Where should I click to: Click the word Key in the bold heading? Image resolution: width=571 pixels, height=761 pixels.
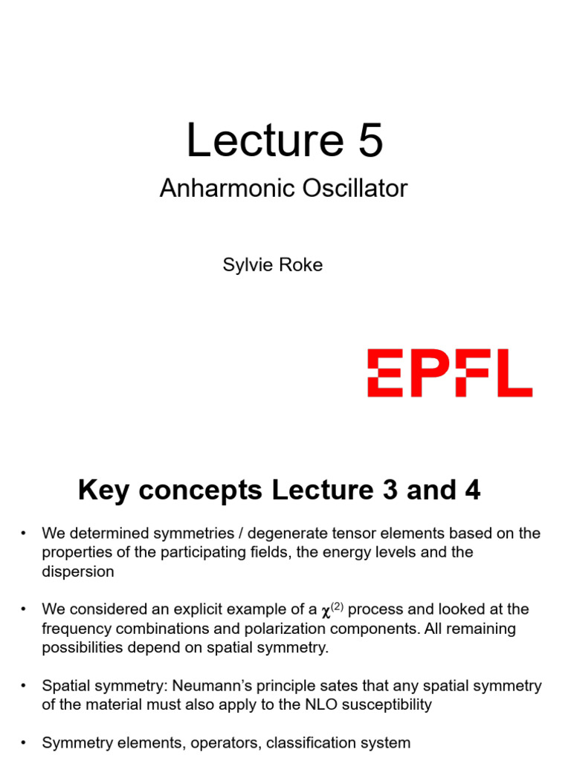[101, 490]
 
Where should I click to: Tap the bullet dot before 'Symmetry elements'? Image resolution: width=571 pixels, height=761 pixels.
[25, 742]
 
